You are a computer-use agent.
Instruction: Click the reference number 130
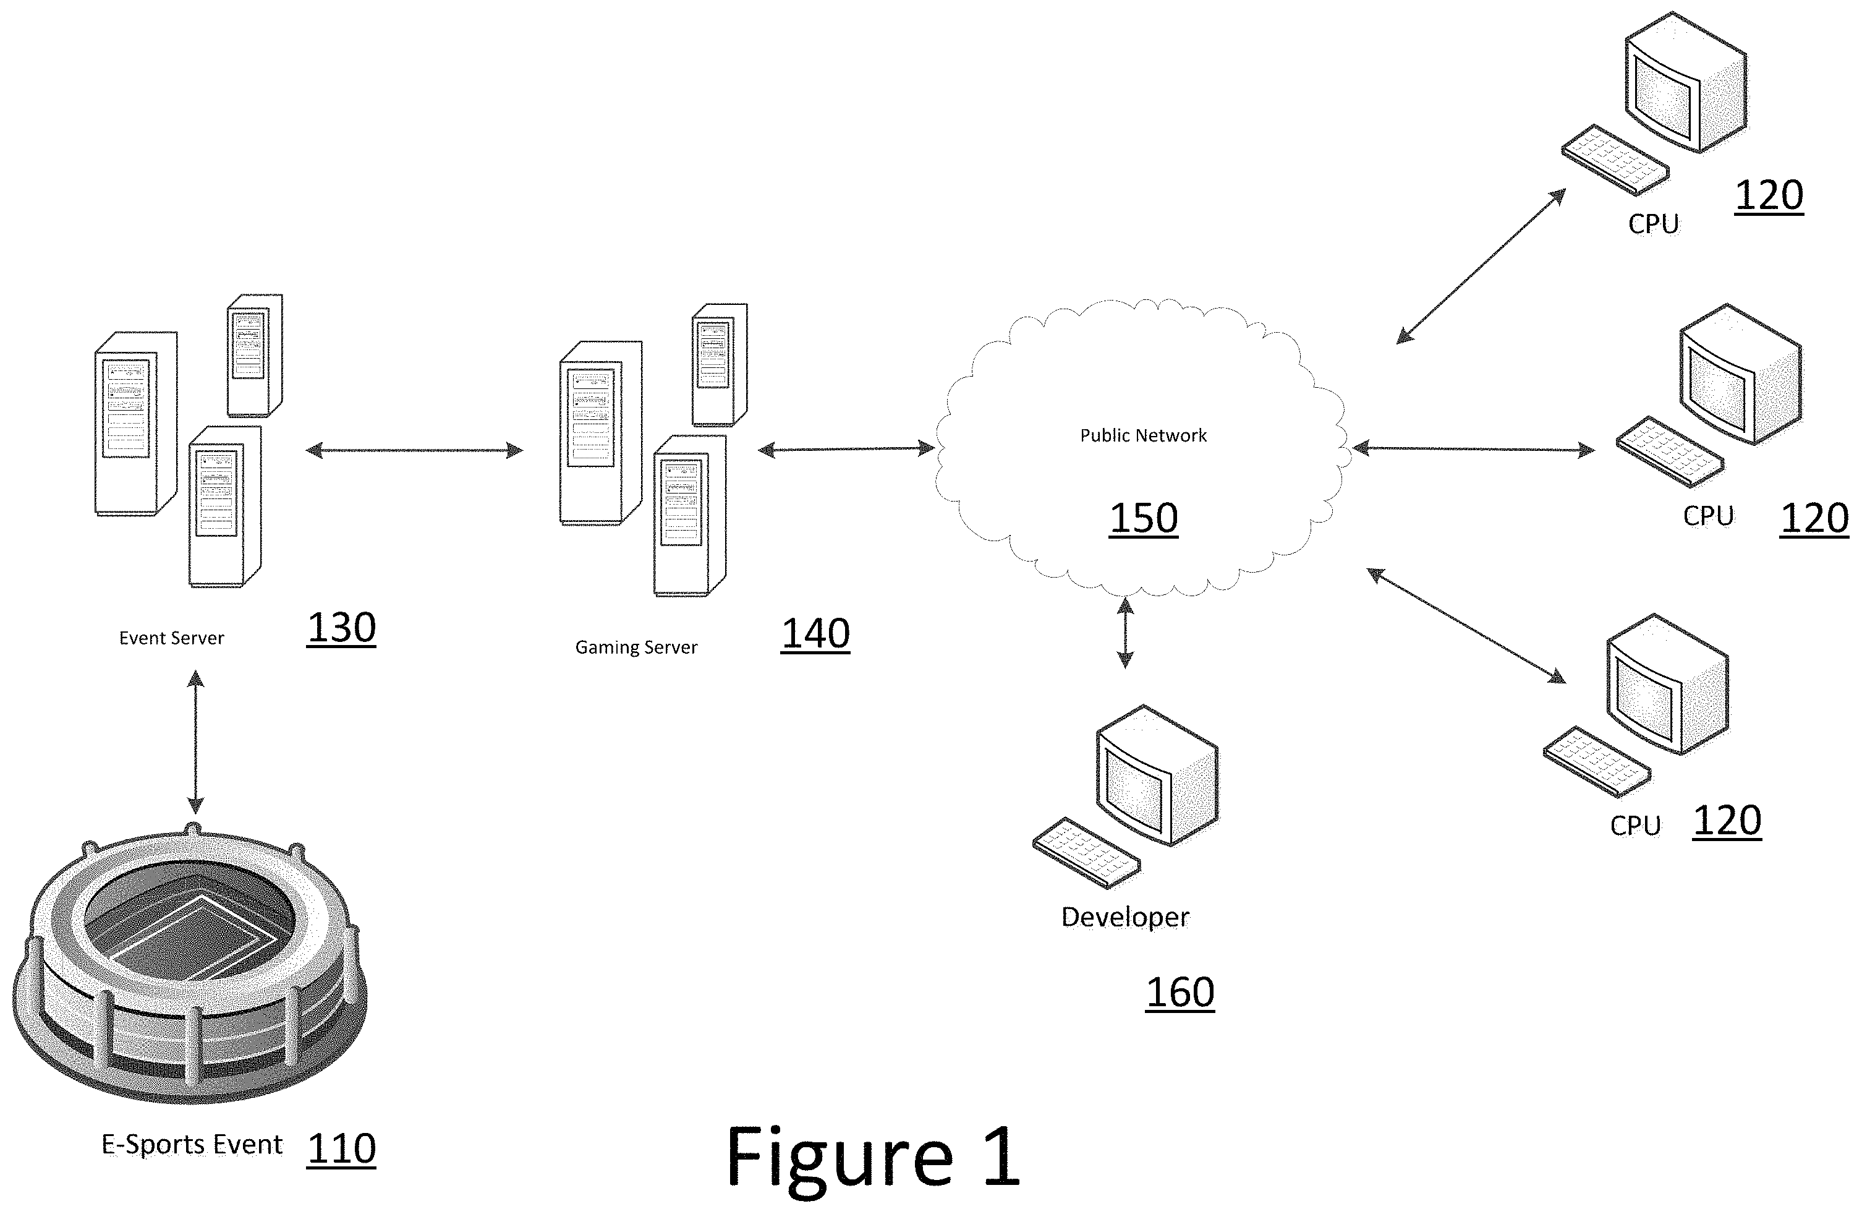341,628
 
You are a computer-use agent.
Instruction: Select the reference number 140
815,633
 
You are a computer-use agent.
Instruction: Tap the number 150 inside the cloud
1143,518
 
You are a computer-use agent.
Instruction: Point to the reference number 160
1180,993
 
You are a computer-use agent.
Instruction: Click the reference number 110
341,1148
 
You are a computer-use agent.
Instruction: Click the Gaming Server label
636,648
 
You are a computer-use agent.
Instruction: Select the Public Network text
1143,436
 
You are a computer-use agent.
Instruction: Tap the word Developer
1125,917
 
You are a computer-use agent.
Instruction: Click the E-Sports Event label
192,1145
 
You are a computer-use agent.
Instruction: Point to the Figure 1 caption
873,1157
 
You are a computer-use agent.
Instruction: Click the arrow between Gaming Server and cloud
846,449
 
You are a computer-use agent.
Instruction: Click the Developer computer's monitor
1156,775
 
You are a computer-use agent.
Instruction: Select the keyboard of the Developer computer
1086,853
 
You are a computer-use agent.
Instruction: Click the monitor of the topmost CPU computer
1685,82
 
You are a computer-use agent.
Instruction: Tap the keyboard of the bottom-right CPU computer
1596,761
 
